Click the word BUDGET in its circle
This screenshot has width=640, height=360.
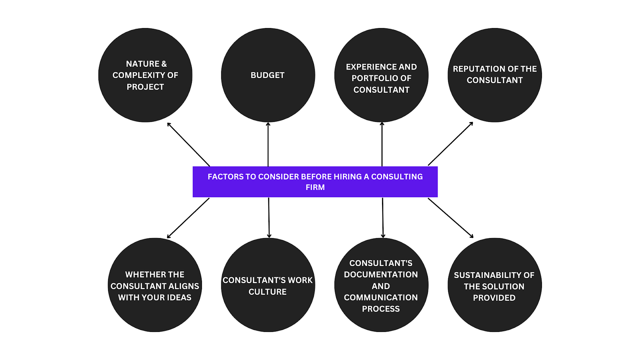coord(268,75)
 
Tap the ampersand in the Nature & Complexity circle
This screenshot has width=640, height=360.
coord(164,64)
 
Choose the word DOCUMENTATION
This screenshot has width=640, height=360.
coord(381,275)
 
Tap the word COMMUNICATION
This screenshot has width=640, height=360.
coord(381,298)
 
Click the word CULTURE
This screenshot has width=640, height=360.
coord(268,292)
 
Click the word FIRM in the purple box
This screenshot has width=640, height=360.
coord(315,188)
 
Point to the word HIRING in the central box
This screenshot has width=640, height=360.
coord(348,177)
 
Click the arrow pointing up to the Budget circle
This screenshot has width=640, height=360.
coord(268,144)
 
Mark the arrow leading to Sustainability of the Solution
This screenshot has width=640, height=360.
coord(451,218)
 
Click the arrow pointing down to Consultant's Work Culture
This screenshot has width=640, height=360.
coord(269,218)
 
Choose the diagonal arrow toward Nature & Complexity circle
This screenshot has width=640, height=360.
coord(188,144)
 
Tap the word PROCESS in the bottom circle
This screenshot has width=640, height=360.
coord(381,309)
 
